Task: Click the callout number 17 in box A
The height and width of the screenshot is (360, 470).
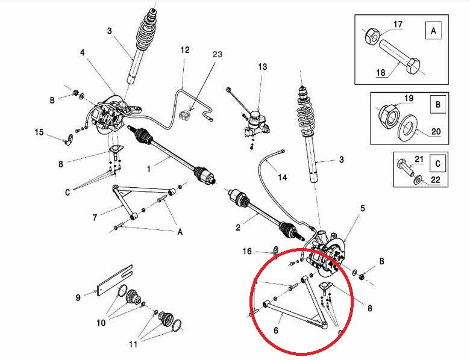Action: tap(398, 24)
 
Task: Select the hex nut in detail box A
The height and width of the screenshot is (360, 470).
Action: tap(372, 36)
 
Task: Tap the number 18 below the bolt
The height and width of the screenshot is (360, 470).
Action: tap(381, 72)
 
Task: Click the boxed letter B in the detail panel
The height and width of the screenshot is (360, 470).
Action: tap(438, 105)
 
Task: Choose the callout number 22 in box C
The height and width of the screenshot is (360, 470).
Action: tap(435, 180)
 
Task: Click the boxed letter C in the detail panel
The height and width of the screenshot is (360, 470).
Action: tap(437, 164)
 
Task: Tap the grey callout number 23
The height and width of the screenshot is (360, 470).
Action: tap(218, 54)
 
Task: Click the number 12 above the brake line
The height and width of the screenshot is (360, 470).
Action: tap(185, 50)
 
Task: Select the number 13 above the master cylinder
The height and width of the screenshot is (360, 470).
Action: tap(262, 66)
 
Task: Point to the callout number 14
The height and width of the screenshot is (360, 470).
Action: tap(283, 178)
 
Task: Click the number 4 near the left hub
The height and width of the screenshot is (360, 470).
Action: tap(82, 53)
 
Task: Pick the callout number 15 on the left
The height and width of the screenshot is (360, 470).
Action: tap(39, 132)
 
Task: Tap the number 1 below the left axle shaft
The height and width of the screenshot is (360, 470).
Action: tap(149, 169)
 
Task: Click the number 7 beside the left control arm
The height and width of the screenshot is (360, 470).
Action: tap(95, 217)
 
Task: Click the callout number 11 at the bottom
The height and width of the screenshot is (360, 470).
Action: tap(133, 344)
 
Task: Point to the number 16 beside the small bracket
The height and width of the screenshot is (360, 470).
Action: tap(247, 251)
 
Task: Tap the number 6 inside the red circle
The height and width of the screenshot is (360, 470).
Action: tap(276, 331)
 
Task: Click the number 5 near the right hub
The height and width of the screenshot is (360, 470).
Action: tap(363, 208)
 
